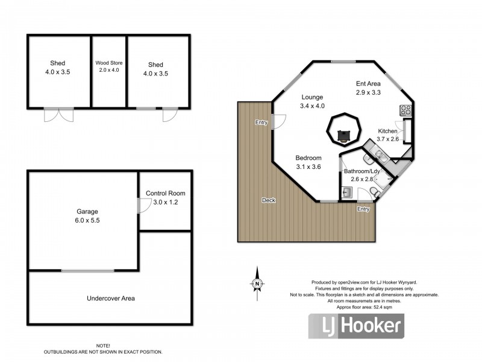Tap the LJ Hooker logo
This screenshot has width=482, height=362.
[x=356, y=326]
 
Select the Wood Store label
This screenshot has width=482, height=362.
[x=108, y=66]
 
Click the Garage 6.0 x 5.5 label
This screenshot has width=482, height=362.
[x=87, y=216]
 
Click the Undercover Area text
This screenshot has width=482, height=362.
[x=110, y=298]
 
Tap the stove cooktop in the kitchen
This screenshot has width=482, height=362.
[x=405, y=110]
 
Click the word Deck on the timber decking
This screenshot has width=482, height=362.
[x=269, y=200]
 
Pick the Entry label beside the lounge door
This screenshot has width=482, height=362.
[x=261, y=122]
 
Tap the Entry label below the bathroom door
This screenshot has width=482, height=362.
[x=363, y=209]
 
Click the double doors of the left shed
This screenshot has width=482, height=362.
[x=53, y=114]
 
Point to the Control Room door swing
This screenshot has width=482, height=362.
[x=143, y=205]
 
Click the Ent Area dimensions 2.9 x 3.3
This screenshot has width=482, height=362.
[x=368, y=93]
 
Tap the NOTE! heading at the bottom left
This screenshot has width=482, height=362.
[x=102, y=345]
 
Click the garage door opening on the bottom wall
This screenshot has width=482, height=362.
[x=85, y=271]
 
